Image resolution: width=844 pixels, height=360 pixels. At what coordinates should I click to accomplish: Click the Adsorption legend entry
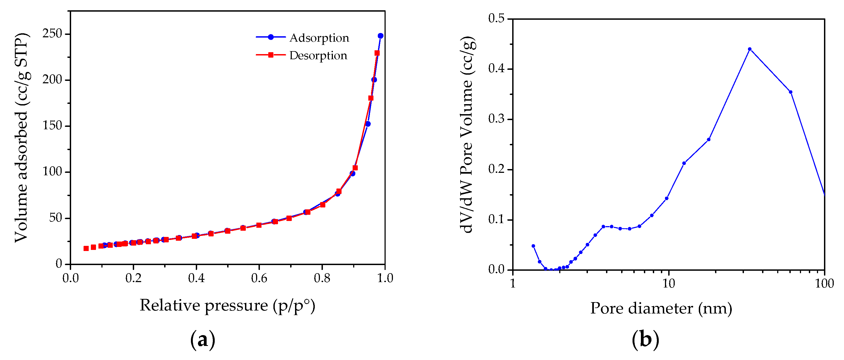(319, 38)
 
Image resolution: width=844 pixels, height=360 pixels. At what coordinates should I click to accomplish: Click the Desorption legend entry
(318, 55)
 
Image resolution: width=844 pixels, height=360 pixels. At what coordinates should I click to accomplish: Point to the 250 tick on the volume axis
(52, 34)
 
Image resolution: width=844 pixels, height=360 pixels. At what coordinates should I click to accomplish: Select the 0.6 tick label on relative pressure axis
(259, 278)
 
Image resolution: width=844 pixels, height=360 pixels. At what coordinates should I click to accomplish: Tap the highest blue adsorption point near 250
(380, 36)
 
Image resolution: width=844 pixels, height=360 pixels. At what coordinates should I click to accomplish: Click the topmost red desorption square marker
(377, 53)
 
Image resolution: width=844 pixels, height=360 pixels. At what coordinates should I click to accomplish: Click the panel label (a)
(203, 340)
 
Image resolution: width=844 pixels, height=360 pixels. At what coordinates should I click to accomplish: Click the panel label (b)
(645, 340)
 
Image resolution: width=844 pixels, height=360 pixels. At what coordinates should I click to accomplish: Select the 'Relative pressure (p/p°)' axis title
(227, 306)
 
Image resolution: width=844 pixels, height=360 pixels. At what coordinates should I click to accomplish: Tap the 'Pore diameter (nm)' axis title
(661, 308)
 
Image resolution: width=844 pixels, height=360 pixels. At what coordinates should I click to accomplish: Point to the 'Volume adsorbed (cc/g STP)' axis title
(22, 138)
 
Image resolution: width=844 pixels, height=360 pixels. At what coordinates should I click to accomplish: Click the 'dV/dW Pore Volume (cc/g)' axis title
(466, 134)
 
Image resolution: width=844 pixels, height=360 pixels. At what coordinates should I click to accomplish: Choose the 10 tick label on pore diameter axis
(668, 283)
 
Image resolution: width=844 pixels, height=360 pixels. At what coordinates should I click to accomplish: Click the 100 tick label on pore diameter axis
(824, 283)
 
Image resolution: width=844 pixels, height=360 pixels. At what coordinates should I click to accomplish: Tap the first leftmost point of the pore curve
(533, 246)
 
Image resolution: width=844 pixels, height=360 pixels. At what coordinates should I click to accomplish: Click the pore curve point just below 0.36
(791, 92)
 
